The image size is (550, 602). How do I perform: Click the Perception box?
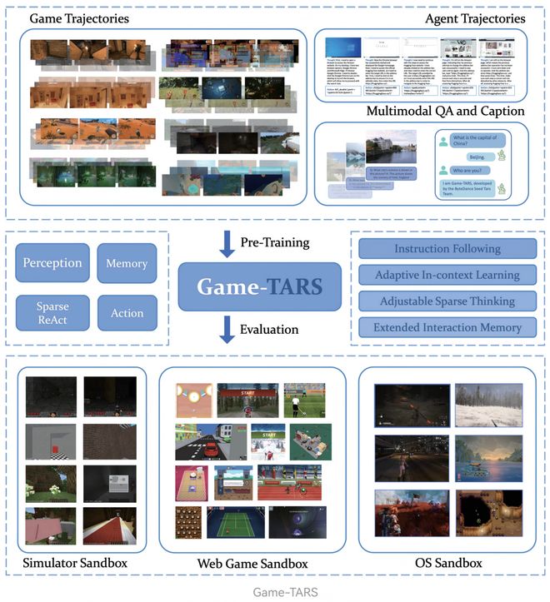coord(51,263)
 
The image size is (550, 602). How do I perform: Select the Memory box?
coord(126,263)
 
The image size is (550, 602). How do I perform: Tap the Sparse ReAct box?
coord(51,312)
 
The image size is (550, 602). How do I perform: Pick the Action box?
coord(126,312)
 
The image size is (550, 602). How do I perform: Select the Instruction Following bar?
coord(447,248)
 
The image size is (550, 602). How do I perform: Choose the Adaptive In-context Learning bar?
coord(447,275)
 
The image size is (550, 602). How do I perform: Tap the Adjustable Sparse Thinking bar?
coord(447,301)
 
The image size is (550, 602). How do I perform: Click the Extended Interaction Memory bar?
coord(447,327)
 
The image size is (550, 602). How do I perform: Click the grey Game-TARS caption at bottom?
coord(275,593)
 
